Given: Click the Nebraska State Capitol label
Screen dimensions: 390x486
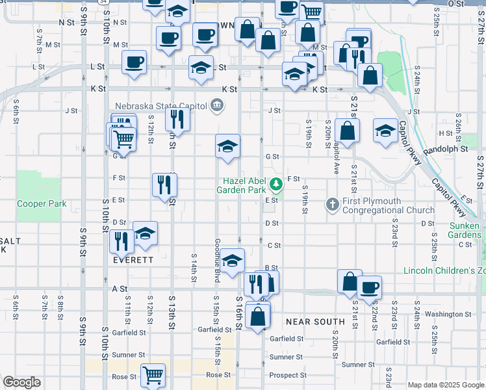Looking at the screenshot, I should click(x=160, y=107).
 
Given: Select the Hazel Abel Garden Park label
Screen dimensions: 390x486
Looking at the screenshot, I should click(x=244, y=185).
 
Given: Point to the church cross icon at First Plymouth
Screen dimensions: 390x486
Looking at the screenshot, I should click(x=332, y=205).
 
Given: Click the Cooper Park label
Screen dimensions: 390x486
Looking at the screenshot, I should click(x=42, y=203).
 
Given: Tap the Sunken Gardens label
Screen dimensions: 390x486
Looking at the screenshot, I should click(x=465, y=229).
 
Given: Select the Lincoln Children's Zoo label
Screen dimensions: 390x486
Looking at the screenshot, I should click(x=444, y=270).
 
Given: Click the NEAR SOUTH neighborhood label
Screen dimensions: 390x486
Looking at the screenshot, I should click(x=315, y=322).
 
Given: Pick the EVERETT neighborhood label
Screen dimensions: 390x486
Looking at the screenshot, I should click(x=133, y=259).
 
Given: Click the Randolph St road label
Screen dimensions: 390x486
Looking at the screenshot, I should click(x=445, y=149).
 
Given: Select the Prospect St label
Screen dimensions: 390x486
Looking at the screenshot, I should click(x=287, y=375).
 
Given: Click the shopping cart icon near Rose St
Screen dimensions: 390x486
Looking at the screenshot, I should click(x=153, y=374).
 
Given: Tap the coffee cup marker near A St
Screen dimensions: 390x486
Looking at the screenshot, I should click(x=369, y=287).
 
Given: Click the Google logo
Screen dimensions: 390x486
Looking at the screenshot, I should click(x=21, y=382).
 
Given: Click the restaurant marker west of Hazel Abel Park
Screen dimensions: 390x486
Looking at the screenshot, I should click(x=164, y=185).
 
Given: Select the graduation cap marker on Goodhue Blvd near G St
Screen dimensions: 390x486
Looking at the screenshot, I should click(x=228, y=146).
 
